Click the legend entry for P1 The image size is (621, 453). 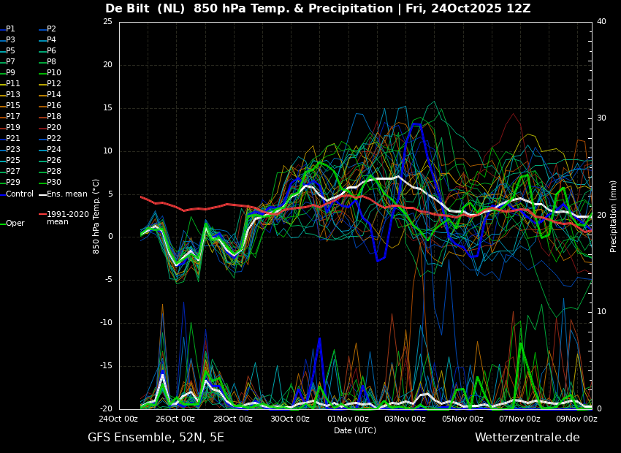tap(8, 29)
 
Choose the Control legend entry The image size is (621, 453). tap(17, 194)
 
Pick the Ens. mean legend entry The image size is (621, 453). tap(63, 194)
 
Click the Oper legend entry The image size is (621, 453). tap(12, 224)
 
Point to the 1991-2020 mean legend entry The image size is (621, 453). tap(64, 218)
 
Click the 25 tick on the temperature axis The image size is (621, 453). tap(107, 22)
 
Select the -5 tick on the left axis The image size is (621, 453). tap(108, 280)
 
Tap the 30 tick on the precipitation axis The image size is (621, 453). tap(601, 118)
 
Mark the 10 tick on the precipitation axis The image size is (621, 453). tap(601, 312)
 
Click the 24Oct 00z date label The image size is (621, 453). tap(118, 419)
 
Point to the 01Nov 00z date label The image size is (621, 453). tap(348, 419)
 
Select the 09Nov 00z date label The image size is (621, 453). tap(577, 419)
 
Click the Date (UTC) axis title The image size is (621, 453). tap(355, 430)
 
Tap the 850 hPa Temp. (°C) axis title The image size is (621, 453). tap(96, 216)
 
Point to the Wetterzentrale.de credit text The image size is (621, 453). tap(527, 438)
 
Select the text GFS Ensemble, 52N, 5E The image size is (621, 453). tap(156, 438)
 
